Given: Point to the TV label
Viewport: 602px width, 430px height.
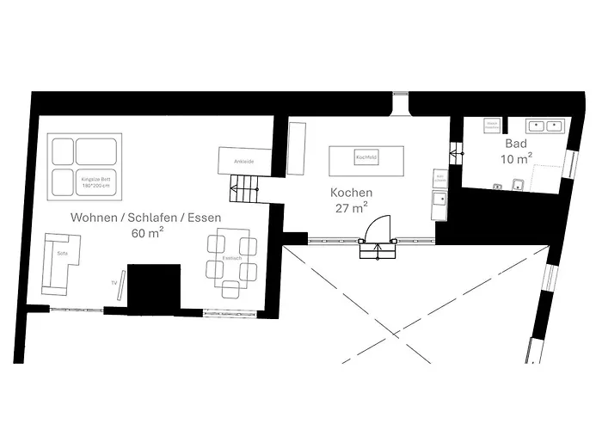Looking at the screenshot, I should coord(113,282).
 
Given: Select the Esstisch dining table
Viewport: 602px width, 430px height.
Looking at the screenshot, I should coord(231,257).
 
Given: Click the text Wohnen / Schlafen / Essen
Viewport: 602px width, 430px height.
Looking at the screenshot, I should coord(145,218).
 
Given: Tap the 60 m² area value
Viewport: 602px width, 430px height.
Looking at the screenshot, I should coord(148,233).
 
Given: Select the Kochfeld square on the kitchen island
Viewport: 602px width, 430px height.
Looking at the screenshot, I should coord(366,158).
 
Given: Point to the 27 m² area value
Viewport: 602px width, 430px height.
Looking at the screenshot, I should coord(352,207).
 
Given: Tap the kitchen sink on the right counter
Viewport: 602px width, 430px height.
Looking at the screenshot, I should coord(439,205).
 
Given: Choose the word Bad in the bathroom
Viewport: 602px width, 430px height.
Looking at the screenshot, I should coord(515,144).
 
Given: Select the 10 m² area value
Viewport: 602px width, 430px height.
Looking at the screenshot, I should coord(516,158).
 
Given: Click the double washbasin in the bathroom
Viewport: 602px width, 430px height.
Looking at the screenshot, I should coord(544,126).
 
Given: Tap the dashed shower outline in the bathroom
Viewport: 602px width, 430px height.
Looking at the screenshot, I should coord(546,172).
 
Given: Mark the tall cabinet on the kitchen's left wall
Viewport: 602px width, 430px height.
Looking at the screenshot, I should coord(297,148).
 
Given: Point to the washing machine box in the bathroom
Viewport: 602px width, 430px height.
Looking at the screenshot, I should coord(492,125).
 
